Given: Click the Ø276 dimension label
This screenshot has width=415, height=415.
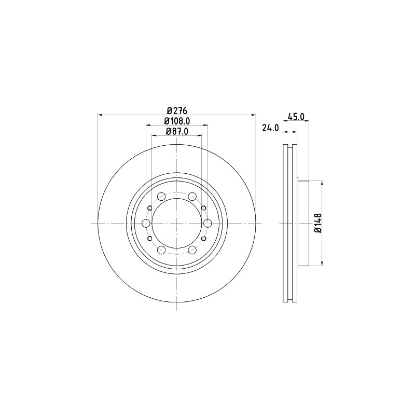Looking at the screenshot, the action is tap(177, 110).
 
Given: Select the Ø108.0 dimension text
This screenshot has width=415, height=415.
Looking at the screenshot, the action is tap(177, 121).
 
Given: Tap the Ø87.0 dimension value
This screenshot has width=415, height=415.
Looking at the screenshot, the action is tap(177, 131).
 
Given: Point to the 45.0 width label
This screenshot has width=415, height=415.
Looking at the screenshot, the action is tap(296, 116).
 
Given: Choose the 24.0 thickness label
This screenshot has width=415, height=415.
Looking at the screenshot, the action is tap(270, 128).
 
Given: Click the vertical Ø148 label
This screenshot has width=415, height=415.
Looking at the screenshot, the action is tap(318, 223).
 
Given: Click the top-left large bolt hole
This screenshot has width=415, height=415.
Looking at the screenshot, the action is tap(161, 197).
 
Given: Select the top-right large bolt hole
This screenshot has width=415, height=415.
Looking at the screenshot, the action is tap(192, 197).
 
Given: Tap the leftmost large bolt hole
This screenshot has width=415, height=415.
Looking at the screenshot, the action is tap(146, 224).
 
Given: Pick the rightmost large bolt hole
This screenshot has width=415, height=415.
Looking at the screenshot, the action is tap(208, 224).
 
